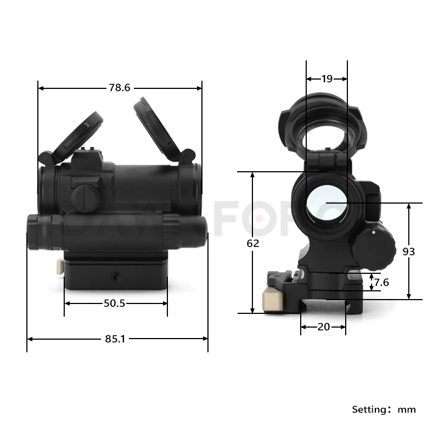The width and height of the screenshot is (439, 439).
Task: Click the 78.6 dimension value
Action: (120, 88)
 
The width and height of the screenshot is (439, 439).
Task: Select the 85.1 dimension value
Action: (115, 339)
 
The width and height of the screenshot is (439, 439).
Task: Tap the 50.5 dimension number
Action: (115, 303)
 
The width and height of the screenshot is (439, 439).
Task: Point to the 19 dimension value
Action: (327, 79)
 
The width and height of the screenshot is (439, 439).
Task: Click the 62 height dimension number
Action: (252, 243)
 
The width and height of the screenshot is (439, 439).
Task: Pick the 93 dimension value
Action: (409, 251)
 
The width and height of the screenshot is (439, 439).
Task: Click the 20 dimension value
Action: (324, 327)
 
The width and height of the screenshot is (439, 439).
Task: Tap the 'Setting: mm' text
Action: (384, 409)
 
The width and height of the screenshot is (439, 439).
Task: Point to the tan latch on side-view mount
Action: (59, 266)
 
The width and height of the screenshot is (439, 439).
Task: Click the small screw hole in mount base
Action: (116, 273)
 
